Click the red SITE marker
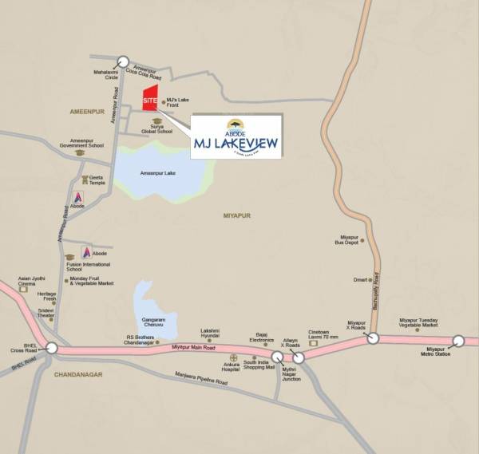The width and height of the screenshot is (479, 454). pyautogui.click(x=149, y=101)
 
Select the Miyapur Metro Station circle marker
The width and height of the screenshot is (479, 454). pyautogui.click(x=458, y=341)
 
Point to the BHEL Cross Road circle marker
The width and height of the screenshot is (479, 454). pyautogui.click(x=52, y=348)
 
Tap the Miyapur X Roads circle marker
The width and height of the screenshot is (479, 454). pyautogui.click(x=373, y=338)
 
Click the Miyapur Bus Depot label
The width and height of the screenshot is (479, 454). pyautogui.click(x=349, y=239)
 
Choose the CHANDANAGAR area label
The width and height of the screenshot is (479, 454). pyautogui.click(x=78, y=374)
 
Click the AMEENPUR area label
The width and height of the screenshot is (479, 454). pyautogui.click(x=88, y=113)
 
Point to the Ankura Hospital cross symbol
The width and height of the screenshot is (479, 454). pyautogui.click(x=233, y=357)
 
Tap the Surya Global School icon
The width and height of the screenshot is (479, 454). pyautogui.click(x=156, y=121)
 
